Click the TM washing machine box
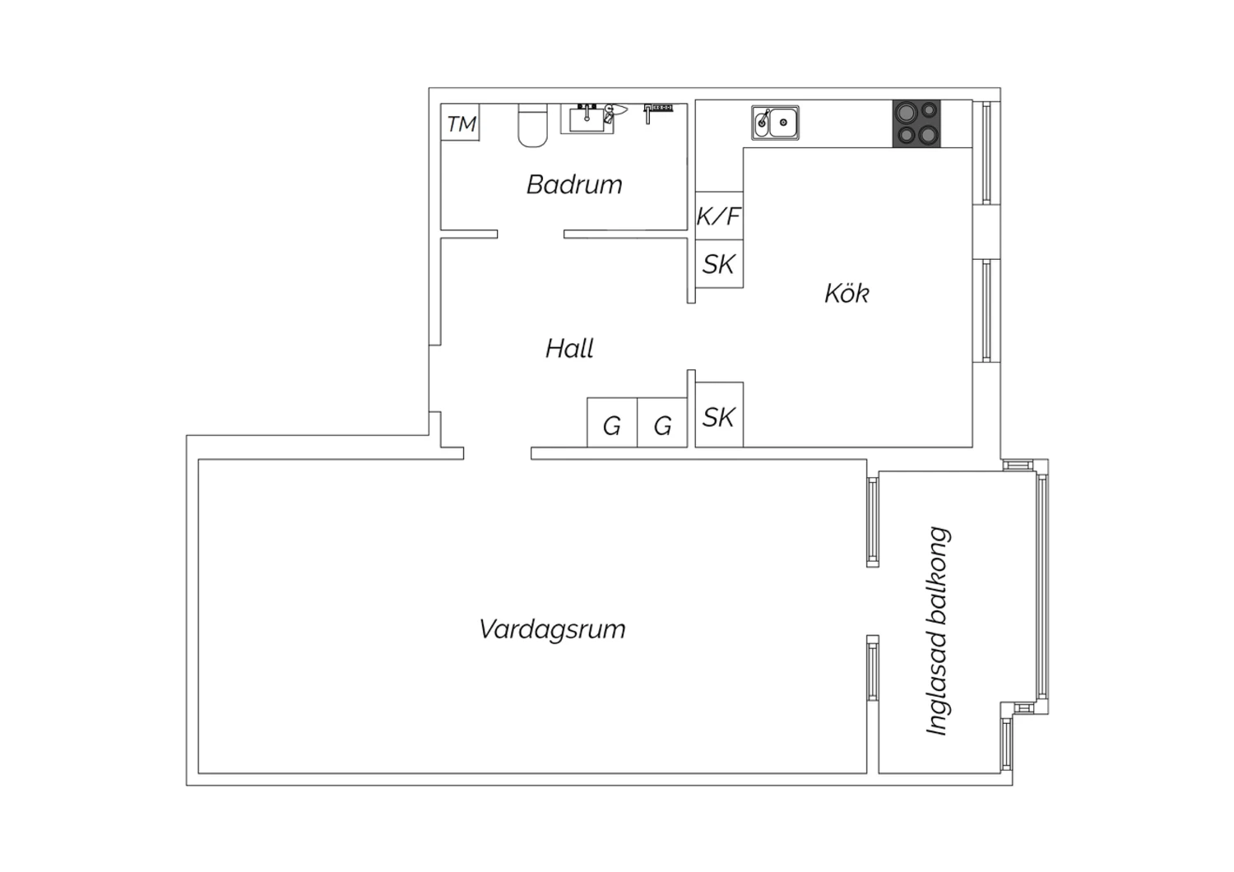[x=460, y=122]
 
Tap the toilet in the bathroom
[x=533, y=125]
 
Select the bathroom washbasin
[x=587, y=119]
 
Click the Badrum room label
[x=574, y=184]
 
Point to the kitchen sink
[x=775, y=123]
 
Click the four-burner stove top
[x=916, y=124]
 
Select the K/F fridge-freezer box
[x=719, y=216]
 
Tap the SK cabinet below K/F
[x=719, y=264]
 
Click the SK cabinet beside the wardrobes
[x=719, y=415]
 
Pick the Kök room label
[x=847, y=293]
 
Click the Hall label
[x=569, y=348]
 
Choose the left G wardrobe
[x=612, y=423]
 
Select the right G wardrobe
[x=662, y=423]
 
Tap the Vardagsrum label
[x=553, y=629]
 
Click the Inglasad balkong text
[x=937, y=631]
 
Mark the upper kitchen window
[x=986, y=153]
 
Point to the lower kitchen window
[x=986, y=311]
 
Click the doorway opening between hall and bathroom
[x=531, y=234]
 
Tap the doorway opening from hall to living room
[x=498, y=453]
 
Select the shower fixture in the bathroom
[x=658, y=113]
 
